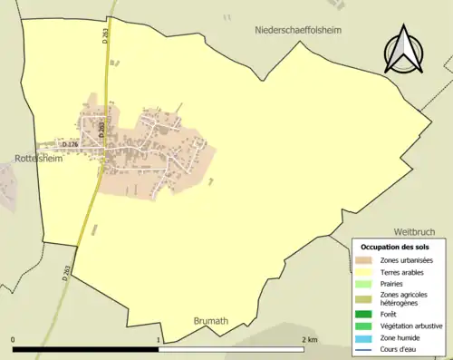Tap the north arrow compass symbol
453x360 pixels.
click(402, 50)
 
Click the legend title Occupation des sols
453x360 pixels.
click(395, 247)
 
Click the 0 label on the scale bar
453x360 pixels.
click(14, 341)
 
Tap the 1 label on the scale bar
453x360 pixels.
click(160, 341)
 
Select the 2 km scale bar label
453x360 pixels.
click(309, 341)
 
